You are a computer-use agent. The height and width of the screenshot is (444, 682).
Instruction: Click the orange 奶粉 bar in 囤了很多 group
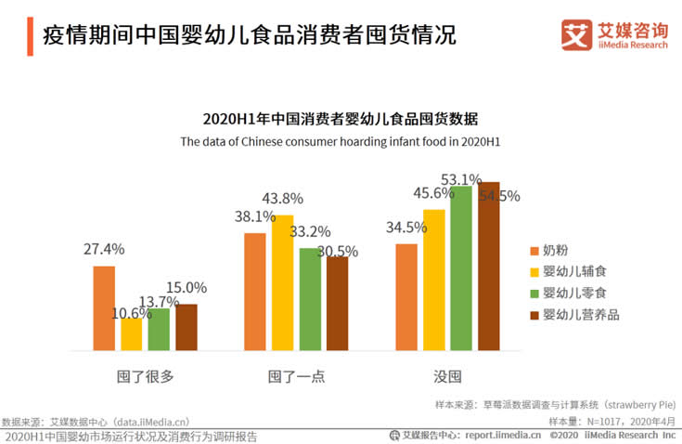tap(104, 308)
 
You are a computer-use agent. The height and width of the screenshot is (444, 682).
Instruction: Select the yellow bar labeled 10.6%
tap(132, 334)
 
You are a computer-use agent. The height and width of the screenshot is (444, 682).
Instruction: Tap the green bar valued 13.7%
tap(159, 329)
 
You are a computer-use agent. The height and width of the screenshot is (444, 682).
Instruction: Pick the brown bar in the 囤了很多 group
tap(187, 327)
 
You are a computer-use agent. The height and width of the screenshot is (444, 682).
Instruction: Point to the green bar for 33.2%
tap(310, 299)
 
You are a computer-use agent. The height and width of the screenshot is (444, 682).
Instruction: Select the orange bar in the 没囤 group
tap(406, 297)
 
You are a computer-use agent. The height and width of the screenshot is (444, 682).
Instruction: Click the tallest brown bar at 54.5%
tap(488, 267)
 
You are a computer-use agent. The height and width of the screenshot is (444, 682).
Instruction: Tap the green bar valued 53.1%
tap(461, 268)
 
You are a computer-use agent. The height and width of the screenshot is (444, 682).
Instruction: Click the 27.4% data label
tap(104, 249)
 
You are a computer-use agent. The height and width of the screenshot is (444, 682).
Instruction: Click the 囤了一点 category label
tap(296, 376)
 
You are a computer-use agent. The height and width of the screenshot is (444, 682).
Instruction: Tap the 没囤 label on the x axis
tap(447, 376)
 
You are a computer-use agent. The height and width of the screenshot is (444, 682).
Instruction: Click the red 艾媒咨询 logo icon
tap(576, 35)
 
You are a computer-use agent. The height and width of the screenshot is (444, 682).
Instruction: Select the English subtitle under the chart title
tap(340, 142)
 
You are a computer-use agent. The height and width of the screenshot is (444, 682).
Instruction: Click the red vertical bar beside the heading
tap(30, 35)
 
